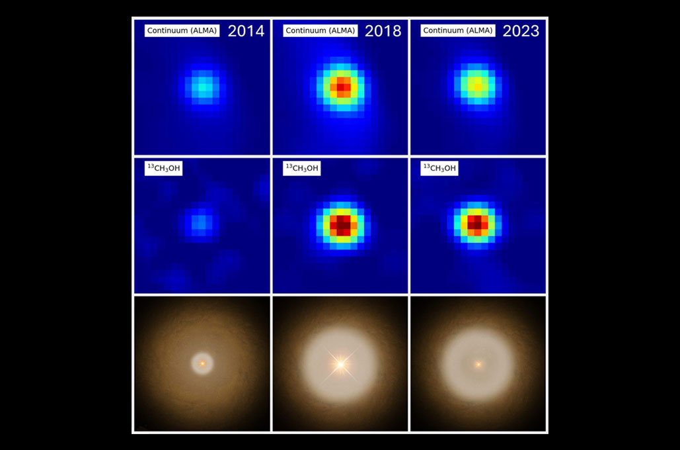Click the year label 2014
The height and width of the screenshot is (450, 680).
(x=246, y=31)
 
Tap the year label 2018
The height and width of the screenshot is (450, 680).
(x=383, y=31)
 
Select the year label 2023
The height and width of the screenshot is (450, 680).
(x=521, y=31)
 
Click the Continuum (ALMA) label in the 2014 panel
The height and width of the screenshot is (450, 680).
(x=182, y=30)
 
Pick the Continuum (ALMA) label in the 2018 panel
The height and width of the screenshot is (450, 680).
(x=320, y=30)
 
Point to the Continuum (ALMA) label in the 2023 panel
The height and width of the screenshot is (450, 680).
(x=457, y=30)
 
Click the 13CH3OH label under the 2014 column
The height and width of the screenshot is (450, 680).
(x=163, y=169)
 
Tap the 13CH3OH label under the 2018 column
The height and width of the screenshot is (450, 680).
(x=302, y=169)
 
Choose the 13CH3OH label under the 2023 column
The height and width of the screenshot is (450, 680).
(x=439, y=169)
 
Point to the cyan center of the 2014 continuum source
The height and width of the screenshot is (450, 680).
(x=202, y=87)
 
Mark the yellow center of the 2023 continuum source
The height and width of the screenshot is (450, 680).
(x=477, y=87)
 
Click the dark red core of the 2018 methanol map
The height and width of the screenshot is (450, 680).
(x=340, y=225)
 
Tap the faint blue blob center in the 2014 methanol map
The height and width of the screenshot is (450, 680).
(x=199, y=222)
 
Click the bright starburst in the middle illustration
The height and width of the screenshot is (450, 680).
(x=340, y=365)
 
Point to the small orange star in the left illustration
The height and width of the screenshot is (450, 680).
(x=202, y=363)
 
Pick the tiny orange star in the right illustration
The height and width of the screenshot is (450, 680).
(x=478, y=365)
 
